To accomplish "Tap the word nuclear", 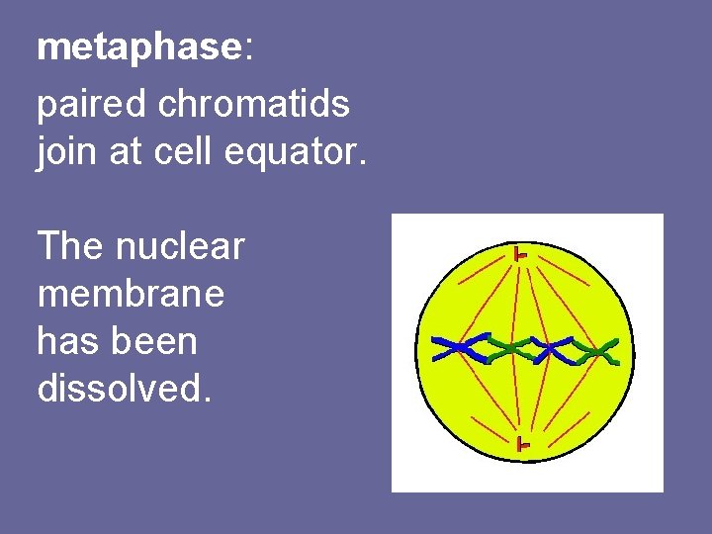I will click(x=179, y=246).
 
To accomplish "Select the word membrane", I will click(x=131, y=294).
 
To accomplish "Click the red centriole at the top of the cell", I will click(x=520, y=255).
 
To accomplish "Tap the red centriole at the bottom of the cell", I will click(x=522, y=446).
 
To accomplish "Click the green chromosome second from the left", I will click(x=506, y=348).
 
